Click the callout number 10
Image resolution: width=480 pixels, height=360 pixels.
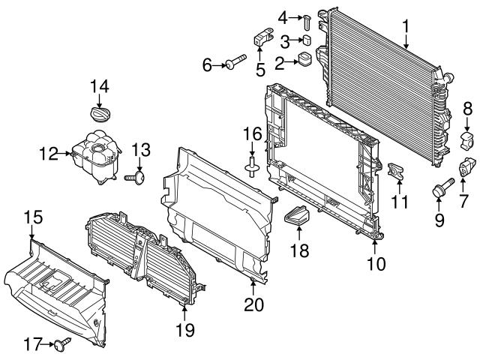tap(375, 263)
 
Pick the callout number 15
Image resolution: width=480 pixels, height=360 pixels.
tap(33, 218)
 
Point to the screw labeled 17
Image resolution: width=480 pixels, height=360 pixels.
tap(61, 344)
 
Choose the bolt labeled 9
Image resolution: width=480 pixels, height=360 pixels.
tap(439, 190)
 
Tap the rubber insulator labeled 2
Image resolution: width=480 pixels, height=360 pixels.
tap(305, 59)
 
